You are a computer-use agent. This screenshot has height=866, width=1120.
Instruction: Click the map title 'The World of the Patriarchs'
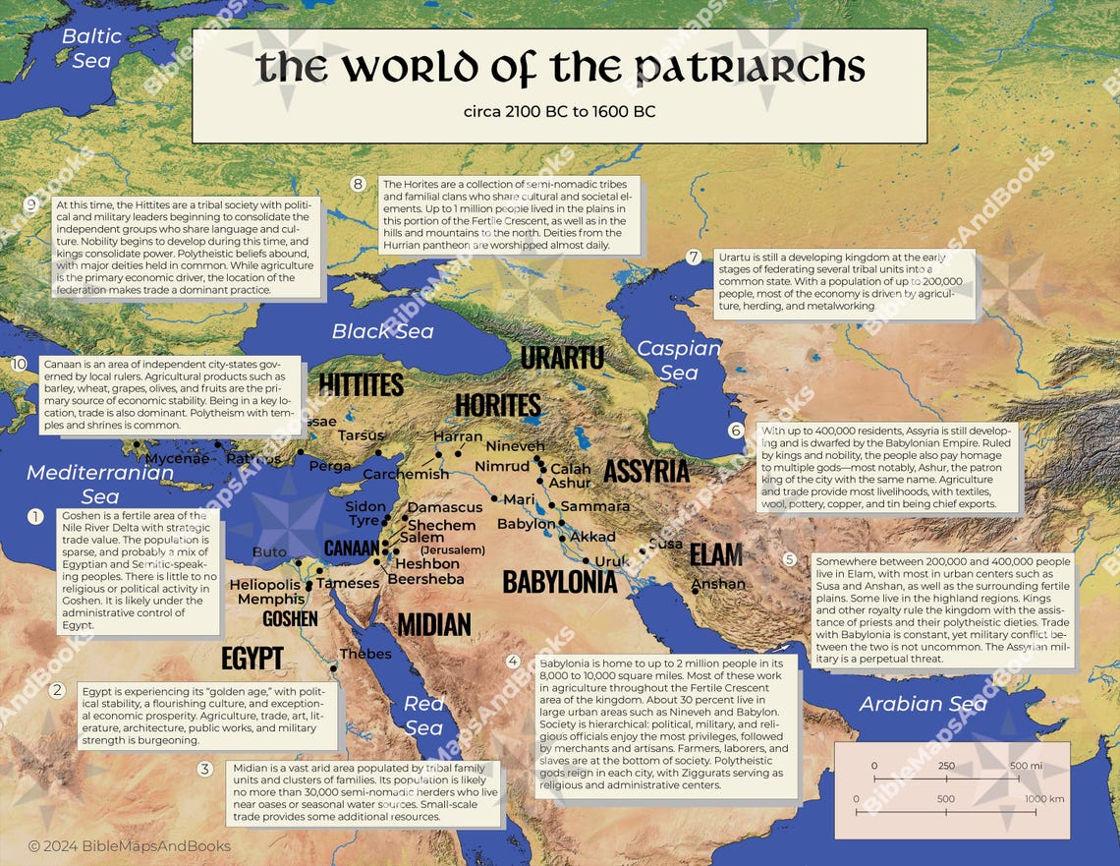pyautogui.click(x=560, y=69)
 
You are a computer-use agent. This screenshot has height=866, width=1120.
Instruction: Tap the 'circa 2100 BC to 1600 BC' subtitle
pyautogui.click(x=559, y=111)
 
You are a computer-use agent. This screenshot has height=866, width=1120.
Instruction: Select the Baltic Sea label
pyautogui.click(x=91, y=47)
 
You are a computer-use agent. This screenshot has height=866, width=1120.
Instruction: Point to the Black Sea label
pyautogui.click(x=382, y=331)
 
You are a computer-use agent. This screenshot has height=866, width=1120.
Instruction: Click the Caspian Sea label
pyautogui.click(x=678, y=360)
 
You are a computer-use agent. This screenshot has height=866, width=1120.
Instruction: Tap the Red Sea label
pyautogui.click(x=423, y=715)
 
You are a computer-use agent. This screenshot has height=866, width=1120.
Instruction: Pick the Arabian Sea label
pyautogui.click(x=923, y=704)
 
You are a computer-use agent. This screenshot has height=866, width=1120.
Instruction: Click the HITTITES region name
pyautogui.click(x=361, y=383)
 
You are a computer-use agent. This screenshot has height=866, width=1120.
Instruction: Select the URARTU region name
pyautogui.click(x=562, y=358)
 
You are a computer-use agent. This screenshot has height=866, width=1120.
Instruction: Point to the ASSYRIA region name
pyautogui.click(x=645, y=471)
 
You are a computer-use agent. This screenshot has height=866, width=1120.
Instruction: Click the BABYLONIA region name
pyautogui.click(x=559, y=582)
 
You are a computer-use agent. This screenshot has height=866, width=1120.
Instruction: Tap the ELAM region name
pyautogui.click(x=715, y=554)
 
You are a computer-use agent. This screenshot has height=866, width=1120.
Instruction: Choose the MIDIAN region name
pyautogui.click(x=433, y=623)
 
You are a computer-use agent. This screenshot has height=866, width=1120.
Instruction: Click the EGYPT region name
pyautogui.click(x=252, y=658)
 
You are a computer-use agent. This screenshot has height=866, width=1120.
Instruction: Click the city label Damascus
pyautogui.click(x=444, y=507)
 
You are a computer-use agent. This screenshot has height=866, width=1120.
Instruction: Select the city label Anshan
pyautogui.click(x=718, y=584)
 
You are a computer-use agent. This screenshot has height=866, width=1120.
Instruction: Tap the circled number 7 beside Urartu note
pyautogui.click(x=694, y=258)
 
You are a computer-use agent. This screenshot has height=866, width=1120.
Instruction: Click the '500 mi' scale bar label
pyautogui.click(x=1026, y=766)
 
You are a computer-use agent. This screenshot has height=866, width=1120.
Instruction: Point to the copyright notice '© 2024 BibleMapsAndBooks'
pyautogui.click(x=129, y=846)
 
